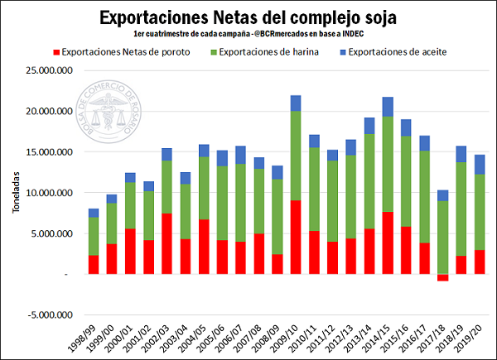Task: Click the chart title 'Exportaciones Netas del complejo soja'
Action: (x=248, y=17)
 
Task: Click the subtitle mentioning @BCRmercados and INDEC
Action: (x=248, y=36)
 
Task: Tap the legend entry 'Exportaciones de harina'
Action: (x=273, y=52)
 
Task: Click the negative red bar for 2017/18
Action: (x=443, y=277)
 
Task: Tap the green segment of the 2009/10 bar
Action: (x=296, y=156)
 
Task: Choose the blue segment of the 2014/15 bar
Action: (x=388, y=107)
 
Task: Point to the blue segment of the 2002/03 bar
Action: (x=167, y=154)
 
